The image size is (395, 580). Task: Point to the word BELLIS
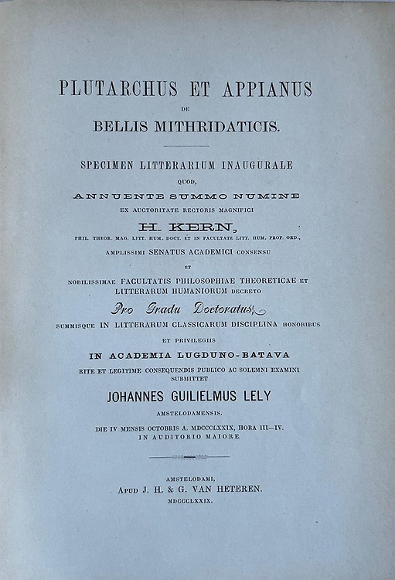pos(124,126)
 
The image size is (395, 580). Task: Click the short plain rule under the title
pos(186,145)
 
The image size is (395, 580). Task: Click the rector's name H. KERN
pos(186,227)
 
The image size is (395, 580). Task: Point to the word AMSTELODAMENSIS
pos(186,415)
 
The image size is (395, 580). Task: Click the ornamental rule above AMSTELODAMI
pos(186,457)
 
